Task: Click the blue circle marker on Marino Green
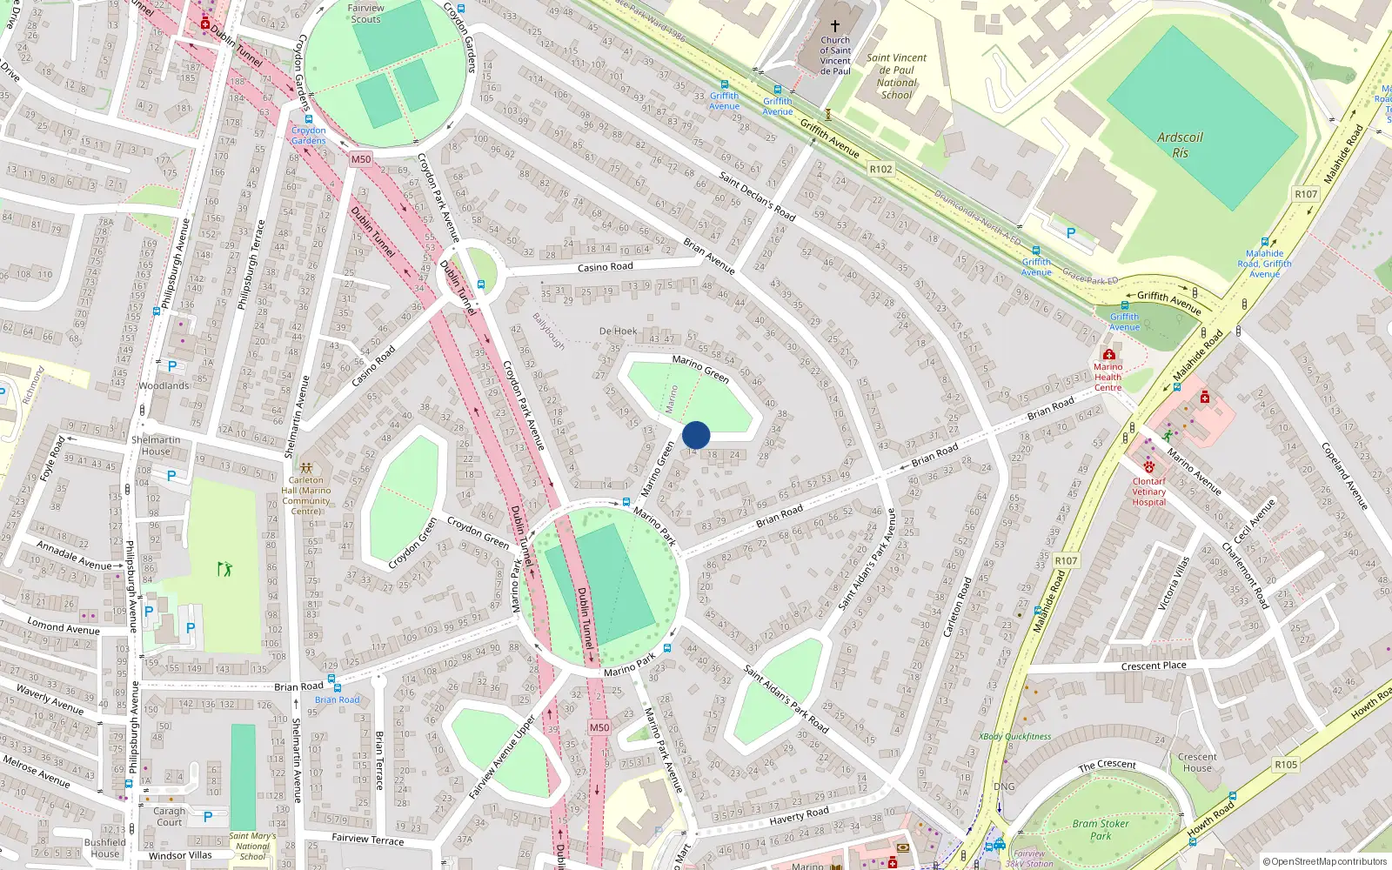(696, 435)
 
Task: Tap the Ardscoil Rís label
(1180, 145)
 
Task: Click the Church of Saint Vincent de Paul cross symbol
(835, 26)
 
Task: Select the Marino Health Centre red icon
(1108, 354)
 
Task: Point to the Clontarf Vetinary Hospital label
(1148, 492)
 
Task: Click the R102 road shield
(880, 169)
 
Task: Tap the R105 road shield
(1286, 765)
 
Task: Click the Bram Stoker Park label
(1101, 829)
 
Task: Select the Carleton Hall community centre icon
(306, 468)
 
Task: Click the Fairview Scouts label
(365, 13)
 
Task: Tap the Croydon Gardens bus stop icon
(308, 119)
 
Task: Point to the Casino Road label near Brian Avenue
(605, 267)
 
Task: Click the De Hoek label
(618, 331)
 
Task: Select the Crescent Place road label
(1154, 666)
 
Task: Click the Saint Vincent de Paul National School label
(897, 77)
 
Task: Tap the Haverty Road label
(799, 815)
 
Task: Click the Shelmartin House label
(156, 445)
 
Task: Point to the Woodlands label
(164, 385)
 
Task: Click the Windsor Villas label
(180, 855)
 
